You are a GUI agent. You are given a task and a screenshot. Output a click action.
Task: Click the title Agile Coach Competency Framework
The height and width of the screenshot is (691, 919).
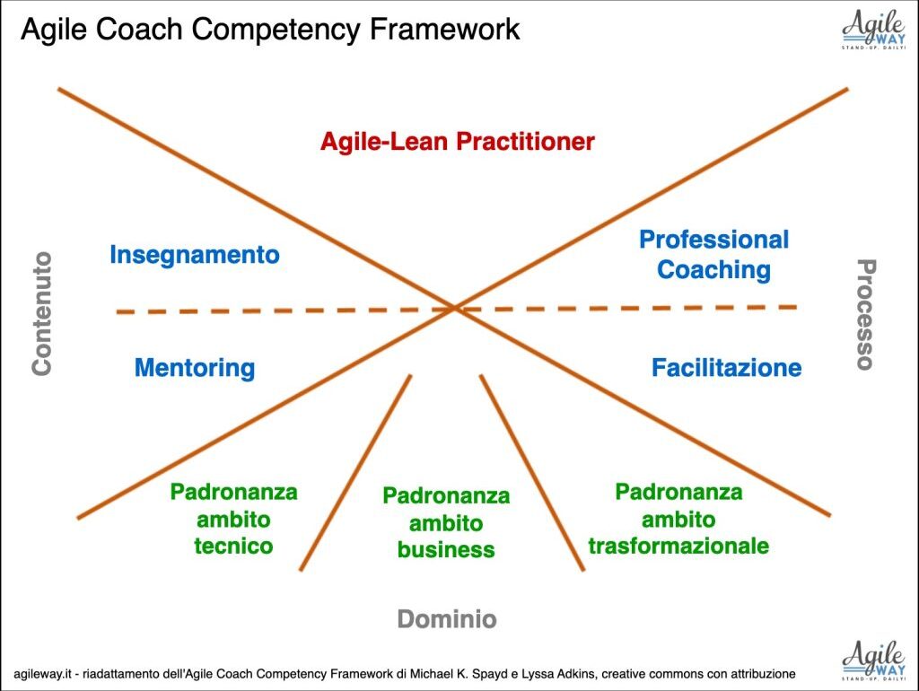pos(270,30)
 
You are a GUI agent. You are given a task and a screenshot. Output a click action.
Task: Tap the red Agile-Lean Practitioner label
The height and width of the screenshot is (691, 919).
pos(457,142)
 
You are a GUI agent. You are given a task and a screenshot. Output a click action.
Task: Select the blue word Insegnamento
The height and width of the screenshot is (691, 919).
pos(195,255)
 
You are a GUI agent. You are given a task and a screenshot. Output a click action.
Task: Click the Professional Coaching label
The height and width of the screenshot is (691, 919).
pos(713,254)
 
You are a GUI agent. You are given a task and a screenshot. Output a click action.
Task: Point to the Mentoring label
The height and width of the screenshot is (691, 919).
pos(195,368)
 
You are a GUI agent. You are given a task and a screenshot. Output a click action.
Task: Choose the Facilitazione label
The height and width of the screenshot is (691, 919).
pos(727,367)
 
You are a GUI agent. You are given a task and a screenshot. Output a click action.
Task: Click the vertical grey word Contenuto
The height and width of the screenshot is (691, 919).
pos(42,313)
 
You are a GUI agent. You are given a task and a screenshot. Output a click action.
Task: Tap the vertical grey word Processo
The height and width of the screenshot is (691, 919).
pos(866,314)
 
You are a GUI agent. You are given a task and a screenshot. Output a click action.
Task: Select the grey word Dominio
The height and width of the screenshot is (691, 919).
pos(447,619)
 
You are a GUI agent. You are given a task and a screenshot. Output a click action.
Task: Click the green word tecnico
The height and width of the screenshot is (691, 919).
pos(234,546)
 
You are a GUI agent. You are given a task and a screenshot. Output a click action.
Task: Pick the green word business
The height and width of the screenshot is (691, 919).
pos(446,550)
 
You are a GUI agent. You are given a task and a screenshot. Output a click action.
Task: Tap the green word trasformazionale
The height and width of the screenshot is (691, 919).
pos(678,546)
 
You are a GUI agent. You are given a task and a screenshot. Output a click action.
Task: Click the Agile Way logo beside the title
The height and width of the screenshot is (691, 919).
pos(873,30)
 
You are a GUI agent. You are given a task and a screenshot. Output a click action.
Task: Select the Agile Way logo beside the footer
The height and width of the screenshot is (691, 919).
pos(873,660)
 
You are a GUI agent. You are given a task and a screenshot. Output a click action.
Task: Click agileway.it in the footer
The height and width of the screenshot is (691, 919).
pos(42,674)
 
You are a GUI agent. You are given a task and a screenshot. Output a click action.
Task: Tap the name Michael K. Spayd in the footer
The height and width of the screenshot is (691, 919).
pos(459,674)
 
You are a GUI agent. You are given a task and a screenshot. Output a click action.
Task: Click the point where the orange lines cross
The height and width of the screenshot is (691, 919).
pos(454,308)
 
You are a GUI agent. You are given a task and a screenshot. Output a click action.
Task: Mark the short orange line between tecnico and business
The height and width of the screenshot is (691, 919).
pos(355,472)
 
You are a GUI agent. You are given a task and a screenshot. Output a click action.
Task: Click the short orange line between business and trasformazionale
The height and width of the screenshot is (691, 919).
pos(532,472)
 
